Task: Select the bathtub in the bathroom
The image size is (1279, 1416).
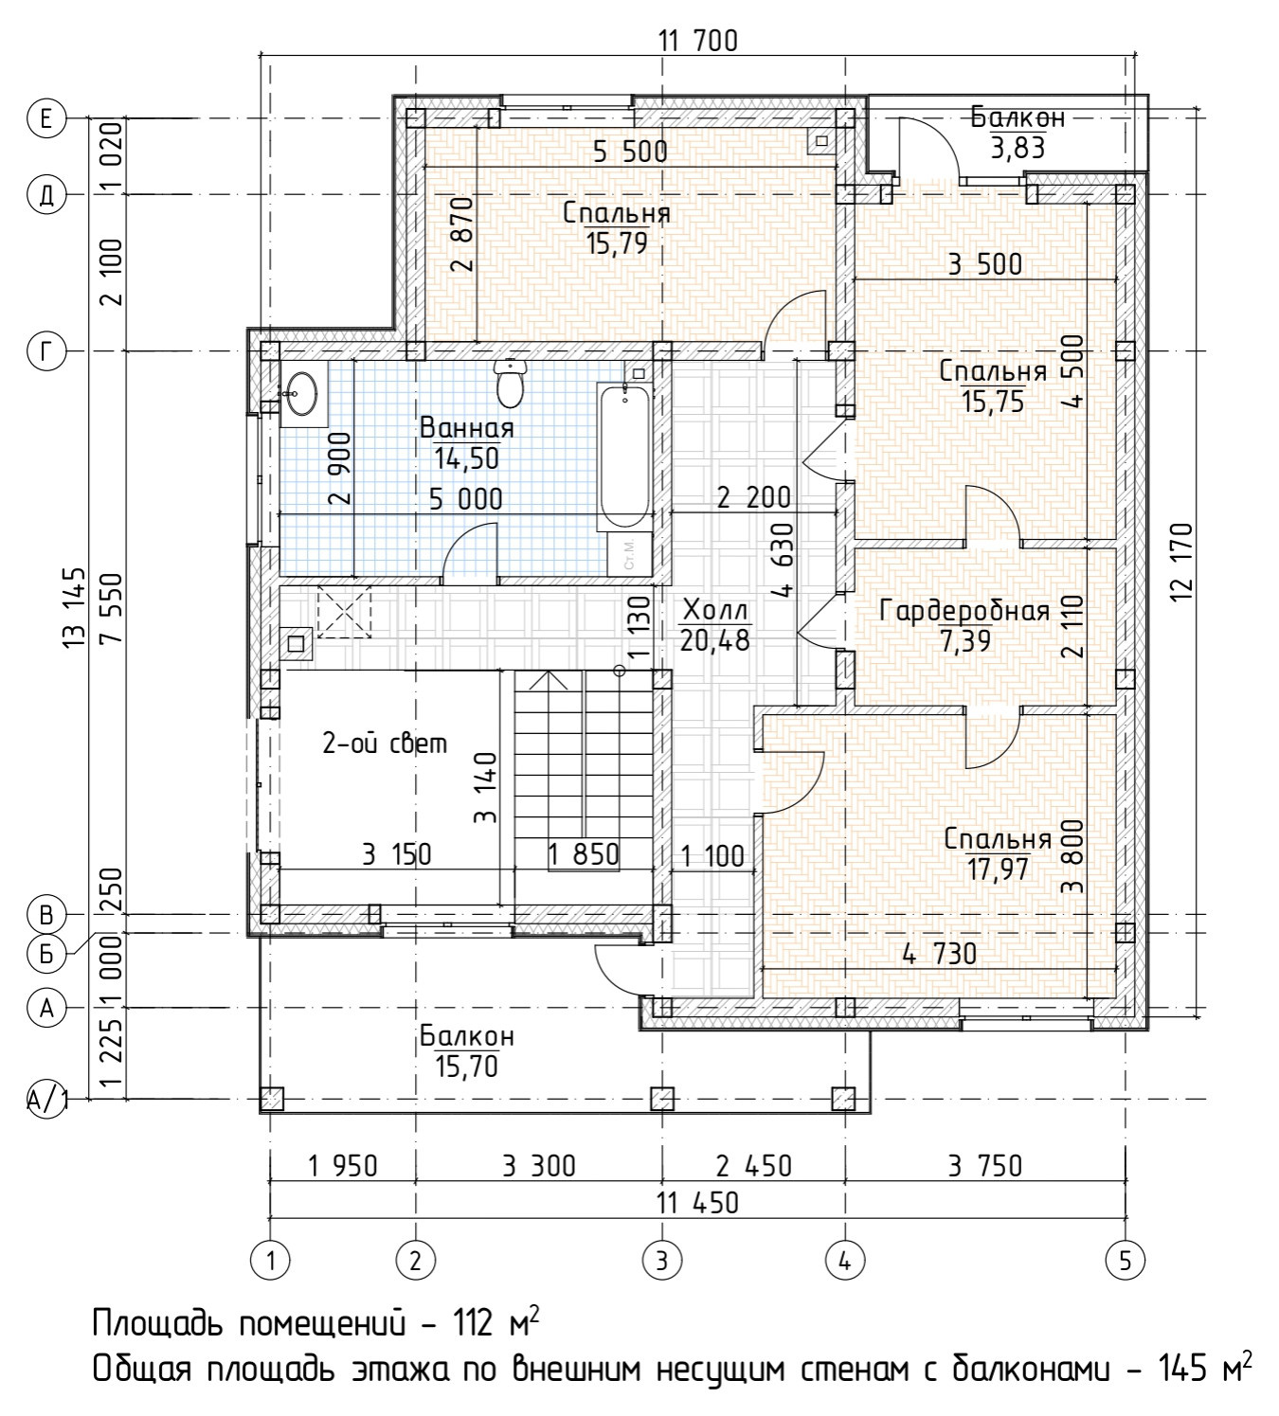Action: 624,456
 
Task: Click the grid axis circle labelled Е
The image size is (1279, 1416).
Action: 46,117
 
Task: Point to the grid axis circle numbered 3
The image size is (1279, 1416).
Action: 661,1260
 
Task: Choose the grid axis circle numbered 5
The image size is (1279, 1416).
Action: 1126,1260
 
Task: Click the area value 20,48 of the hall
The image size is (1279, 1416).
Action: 714,640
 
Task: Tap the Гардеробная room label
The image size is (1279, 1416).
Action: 964,611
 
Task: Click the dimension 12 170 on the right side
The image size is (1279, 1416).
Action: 1181,561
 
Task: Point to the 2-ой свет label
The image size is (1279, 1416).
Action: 385,744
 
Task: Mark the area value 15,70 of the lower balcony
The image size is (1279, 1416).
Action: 467,1066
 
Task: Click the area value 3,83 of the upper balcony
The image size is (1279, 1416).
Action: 1018,149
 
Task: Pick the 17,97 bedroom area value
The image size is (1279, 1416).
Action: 998,869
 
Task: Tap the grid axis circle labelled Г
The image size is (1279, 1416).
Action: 46,350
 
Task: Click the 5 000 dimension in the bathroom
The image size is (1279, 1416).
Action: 465,499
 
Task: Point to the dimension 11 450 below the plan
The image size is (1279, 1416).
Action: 697,1202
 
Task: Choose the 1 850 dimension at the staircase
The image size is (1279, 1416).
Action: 584,855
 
